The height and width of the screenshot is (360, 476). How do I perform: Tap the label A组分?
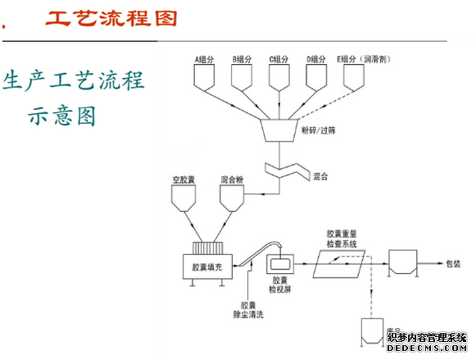click(205, 59)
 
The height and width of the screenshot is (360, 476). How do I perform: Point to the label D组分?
click(317, 59)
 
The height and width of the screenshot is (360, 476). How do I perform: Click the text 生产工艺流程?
click(74, 80)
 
